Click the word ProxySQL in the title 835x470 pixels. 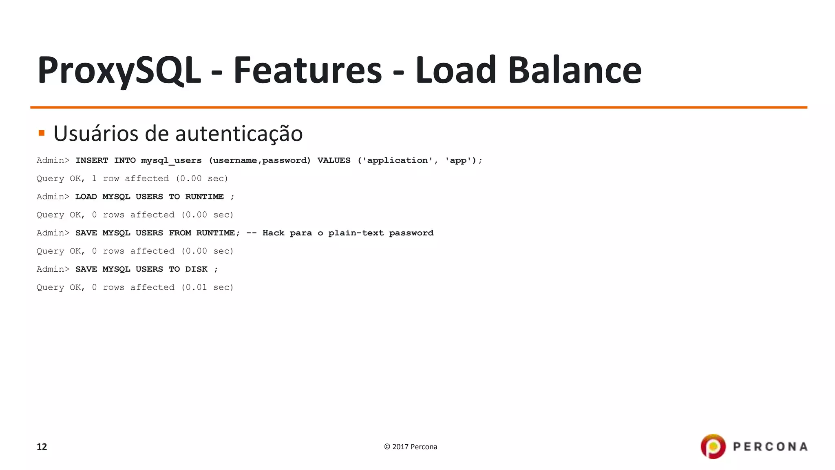(x=119, y=70)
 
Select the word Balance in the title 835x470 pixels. (x=574, y=70)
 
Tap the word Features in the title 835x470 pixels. (x=307, y=70)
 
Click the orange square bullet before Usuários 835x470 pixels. (x=41, y=133)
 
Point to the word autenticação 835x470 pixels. (x=239, y=134)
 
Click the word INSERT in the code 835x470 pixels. (x=92, y=160)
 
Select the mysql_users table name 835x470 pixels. (x=171, y=160)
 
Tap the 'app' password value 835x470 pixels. (x=458, y=160)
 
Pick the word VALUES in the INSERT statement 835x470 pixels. (x=334, y=160)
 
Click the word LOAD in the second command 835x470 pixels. (x=86, y=197)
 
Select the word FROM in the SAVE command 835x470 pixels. (x=180, y=233)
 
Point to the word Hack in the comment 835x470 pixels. (x=273, y=233)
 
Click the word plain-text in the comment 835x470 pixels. (x=356, y=233)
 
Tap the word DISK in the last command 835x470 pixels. (x=196, y=269)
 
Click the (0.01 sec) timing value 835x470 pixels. (x=207, y=287)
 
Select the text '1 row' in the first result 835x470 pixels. (x=105, y=179)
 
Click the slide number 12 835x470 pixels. (x=42, y=447)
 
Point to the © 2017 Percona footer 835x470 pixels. (x=410, y=447)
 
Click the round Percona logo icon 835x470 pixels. (x=713, y=446)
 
